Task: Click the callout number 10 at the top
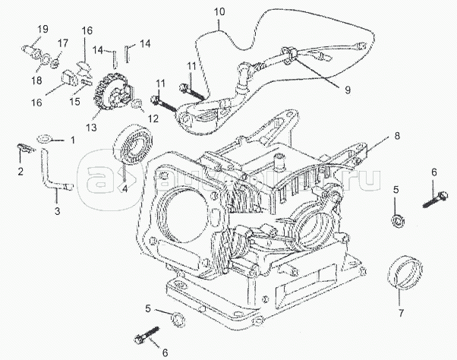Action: (219, 13)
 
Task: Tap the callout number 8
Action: (396, 137)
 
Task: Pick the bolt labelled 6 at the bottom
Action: (148, 334)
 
